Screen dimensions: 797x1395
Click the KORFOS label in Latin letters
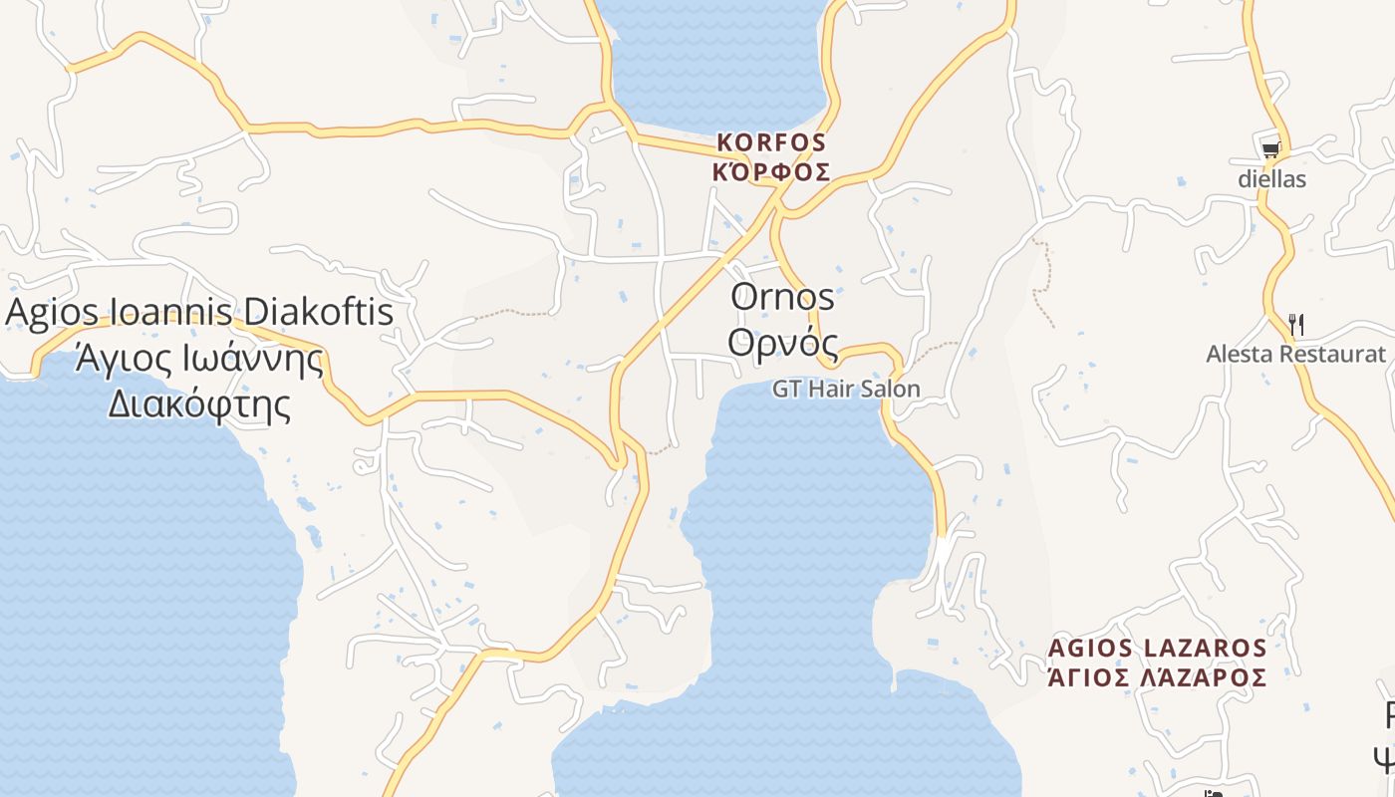[771, 143]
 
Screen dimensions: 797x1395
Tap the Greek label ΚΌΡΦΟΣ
[771, 171]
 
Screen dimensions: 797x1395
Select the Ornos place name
[782, 296]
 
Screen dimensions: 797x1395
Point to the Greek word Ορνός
[782, 341]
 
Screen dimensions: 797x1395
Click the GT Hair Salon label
[846, 389]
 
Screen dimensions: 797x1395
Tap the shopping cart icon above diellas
[1270, 150]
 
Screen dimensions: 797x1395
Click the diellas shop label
[1271, 180]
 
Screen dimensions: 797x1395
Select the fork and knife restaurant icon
[1295, 324]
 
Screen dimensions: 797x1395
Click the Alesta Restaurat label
[1295, 354]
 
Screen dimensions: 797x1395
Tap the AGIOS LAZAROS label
[1157, 649]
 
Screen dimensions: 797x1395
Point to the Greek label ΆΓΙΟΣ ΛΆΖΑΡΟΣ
[1157, 678]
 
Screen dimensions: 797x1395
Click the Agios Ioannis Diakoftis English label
[199, 312]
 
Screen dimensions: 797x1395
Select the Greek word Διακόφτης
[199, 404]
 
